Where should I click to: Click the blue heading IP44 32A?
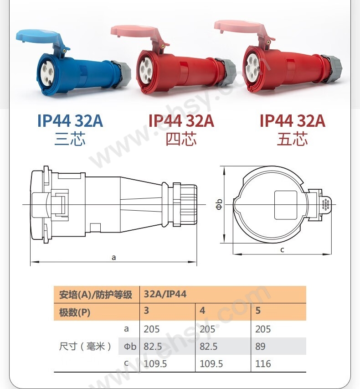point(70,121)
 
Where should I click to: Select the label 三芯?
point(70,139)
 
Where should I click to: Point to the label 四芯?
point(181,139)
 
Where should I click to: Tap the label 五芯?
point(292,139)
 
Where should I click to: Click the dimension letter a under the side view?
point(113,258)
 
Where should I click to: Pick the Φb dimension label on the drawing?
point(219,204)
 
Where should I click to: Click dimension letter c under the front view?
point(282,250)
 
